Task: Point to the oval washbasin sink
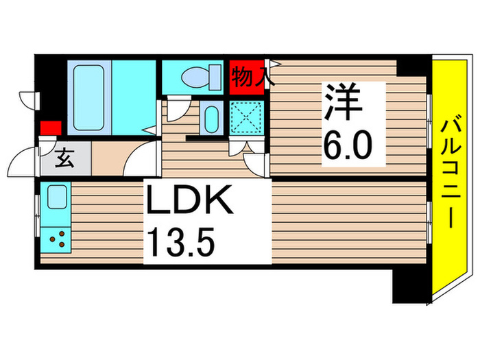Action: pos(211,117)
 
